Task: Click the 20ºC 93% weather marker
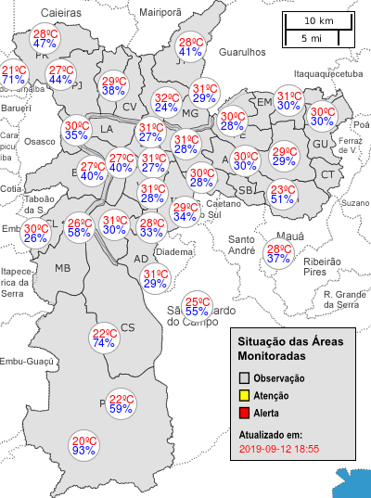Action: [84, 445]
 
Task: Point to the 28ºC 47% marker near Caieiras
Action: [45, 38]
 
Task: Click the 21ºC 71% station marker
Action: [13, 75]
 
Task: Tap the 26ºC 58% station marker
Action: [80, 227]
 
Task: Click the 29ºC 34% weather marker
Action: [185, 211]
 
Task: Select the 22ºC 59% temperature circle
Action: [122, 402]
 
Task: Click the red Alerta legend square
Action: [244, 412]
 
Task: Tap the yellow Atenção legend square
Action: [244, 395]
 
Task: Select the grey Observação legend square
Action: [244, 378]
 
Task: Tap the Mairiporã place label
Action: [160, 11]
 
